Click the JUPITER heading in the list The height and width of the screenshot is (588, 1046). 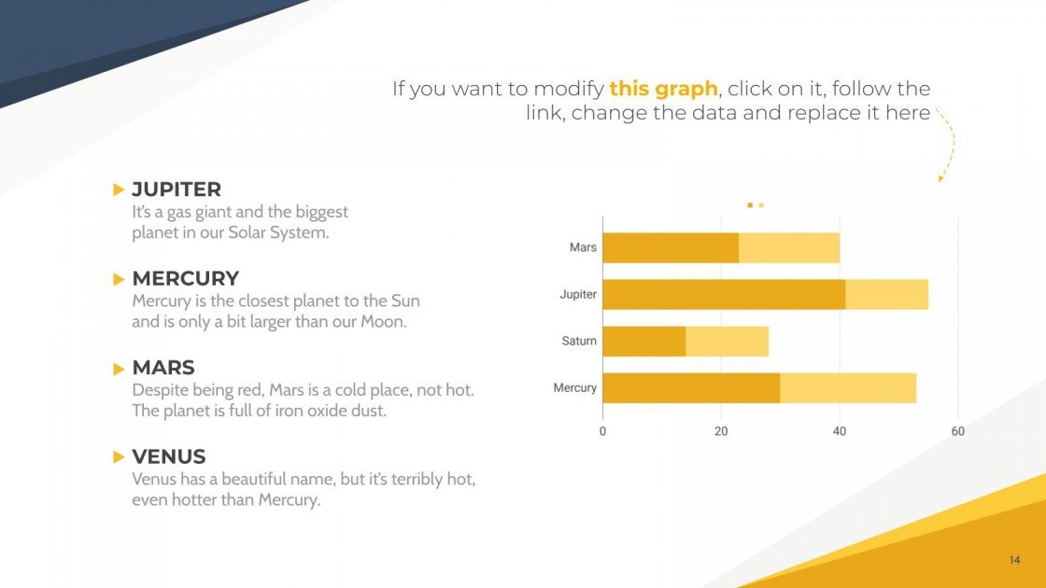point(177,189)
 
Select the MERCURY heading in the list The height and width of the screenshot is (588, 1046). point(185,278)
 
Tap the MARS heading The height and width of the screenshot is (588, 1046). point(163,368)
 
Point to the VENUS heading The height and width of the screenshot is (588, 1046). point(169,456)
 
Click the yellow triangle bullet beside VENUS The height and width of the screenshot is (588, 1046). point(119,456)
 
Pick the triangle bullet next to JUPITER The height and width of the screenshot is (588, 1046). point(119,189)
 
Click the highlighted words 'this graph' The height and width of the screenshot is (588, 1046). point(663,89)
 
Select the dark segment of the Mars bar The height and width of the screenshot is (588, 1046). point(671,248)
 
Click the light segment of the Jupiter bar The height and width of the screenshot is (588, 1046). point(886,294)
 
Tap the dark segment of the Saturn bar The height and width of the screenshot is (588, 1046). point(643,341)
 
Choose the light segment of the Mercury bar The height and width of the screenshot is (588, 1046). point(848,387)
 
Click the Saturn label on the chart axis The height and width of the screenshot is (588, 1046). point(579,341)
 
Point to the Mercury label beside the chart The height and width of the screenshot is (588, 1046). point(574,387)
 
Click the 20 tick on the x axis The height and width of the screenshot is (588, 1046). point(721,431)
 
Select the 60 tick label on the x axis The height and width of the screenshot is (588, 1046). point(957,431)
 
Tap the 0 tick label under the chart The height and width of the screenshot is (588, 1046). point(602,431)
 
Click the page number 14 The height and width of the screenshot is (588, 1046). point(1014,560)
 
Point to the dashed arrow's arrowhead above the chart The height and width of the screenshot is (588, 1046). point(941,177)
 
